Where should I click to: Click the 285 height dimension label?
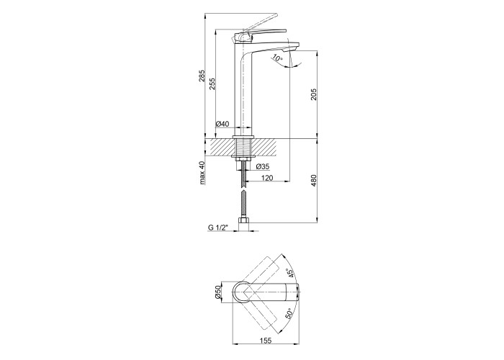click(x=202, y=76)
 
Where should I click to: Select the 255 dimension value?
click(x=212, y=84)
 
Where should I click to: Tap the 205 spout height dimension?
click(x=314, y=94)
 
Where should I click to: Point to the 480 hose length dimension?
click(x=314, y=181)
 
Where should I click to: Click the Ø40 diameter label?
click(x=222, y=123)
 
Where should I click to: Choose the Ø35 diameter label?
click(x=263, y=166)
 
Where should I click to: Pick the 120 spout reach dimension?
click(x=267, y=178)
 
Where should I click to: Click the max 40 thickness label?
click(x=202, y=173)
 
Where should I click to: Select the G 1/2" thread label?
click(x=217, y=228)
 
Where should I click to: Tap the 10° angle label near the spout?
click(x=277, y=58)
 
